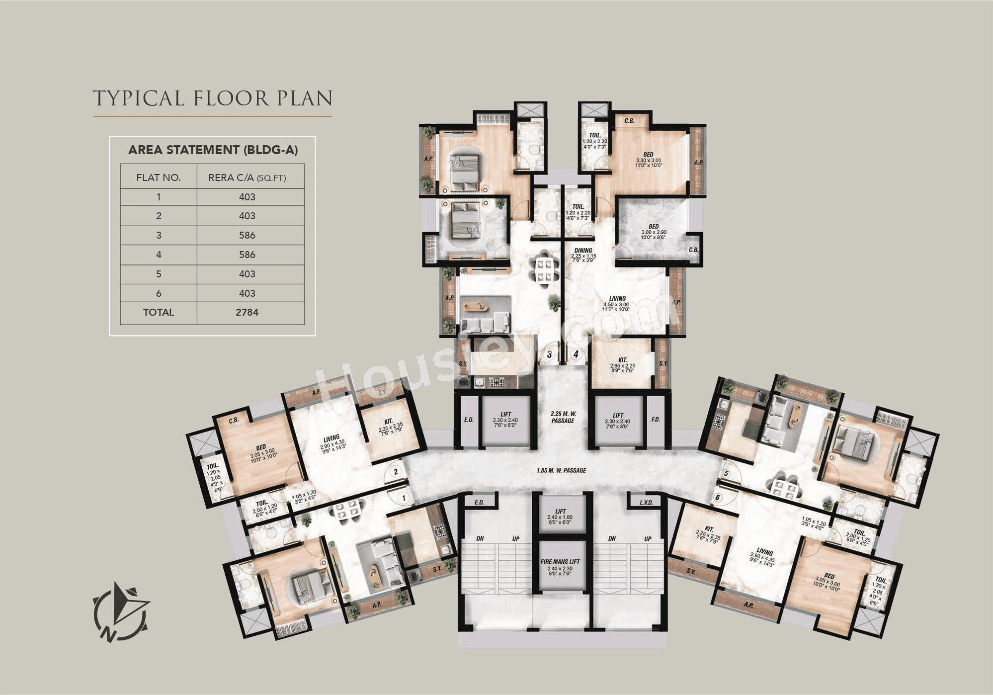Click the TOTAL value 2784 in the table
pos(247,313)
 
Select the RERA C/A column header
pos(247,177)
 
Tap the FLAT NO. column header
pos(159,177)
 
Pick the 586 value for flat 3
pos(247,235)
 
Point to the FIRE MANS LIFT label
pos(560,562)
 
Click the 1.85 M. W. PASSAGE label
pos(561,470)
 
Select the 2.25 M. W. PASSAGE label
pos(563,417)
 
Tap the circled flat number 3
pos(549,354)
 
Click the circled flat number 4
pos(576,354)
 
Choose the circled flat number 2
pos(396,471)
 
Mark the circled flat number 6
pos(717,497)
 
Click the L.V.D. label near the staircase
pos(647,503)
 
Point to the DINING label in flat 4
pos(583,251)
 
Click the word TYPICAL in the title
pos(139,98)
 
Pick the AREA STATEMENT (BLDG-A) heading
pos(213,150)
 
